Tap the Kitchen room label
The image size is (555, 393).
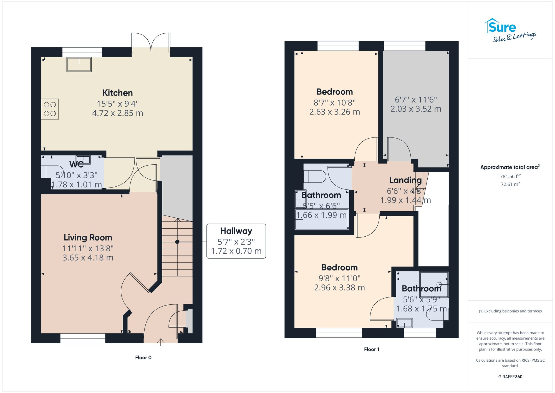pyautogui.click(x=118, y=93)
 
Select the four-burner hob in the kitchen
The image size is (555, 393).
pyautogui.click(x=50, y=109)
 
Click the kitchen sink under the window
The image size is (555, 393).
pyautogui.click(x=79, y=64)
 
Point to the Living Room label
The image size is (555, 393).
pyautogui.click(x=88, y=238)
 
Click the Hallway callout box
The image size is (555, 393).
pyautogui.click(x=236, y=241)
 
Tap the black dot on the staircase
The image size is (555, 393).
pyautogui.click(x=177, y=242)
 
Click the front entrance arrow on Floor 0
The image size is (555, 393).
pyautogui.click(x=161, y=342)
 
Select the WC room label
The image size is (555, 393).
pyautogui.click(x=77, y=164)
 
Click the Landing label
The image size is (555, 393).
pyautogui.click(x=405, y=180)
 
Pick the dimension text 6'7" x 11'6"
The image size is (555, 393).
pyautogui.click(x=416, y=100)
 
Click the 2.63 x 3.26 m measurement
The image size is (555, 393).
pyautogui.click(x=335, y=112)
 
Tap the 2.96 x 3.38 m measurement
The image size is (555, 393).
pyautogui.click(x=339, y=288)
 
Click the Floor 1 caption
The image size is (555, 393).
pyautogui.click(x=372, y=349)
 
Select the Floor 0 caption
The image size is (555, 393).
pyautogui.click(x=143, y=357)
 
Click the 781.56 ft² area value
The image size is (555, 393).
pyautogui.click(x=510, y=176)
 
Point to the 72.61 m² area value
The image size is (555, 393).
pyautogui.click(x=510, y=184)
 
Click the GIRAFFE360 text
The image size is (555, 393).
pyautogui.click(x=510, y=377)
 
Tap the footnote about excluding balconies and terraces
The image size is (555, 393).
pyautogui.click(x=510, y=311)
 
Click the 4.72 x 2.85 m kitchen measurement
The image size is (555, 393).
pyautogui.click(x=118, y=113)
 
